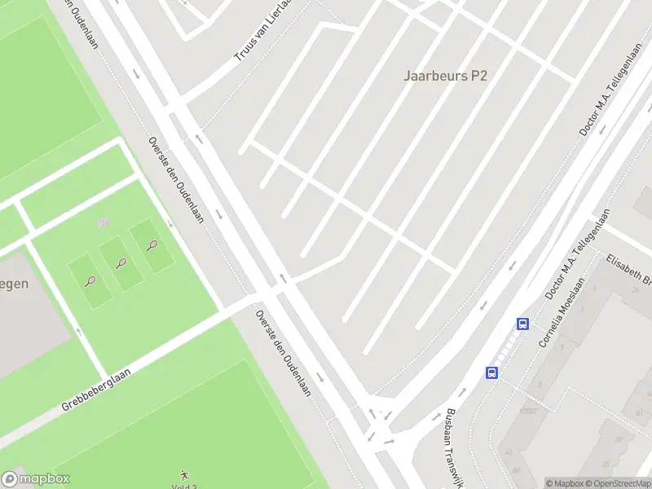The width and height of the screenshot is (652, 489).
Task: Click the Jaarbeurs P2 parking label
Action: pyautogui.click(x=445, y=75)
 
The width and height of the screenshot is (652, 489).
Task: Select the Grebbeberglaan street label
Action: pyautogui.click(x=96, y=390)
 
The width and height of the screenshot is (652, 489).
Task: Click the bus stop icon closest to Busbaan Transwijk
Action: pyautogui.click(x=492, y=373)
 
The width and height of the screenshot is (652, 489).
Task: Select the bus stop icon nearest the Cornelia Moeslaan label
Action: pyautogui.click(x=522, y=324)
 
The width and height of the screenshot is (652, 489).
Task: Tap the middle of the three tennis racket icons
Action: pyautogui.click(x=121, y=262)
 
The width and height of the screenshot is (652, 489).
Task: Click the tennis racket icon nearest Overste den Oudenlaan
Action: pyautogui.click(x=152, y=244)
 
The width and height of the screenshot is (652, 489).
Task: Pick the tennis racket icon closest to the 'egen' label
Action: pyautogui.click(x=90, y=281)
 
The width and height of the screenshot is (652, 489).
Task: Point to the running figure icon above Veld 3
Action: pyautogui.click(x=184, y=474)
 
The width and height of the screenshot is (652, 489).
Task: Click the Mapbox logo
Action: pyautogui.click(x=36, y=479)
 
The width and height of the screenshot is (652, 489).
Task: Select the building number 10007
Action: pyautogui.click(x=528, y=412)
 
